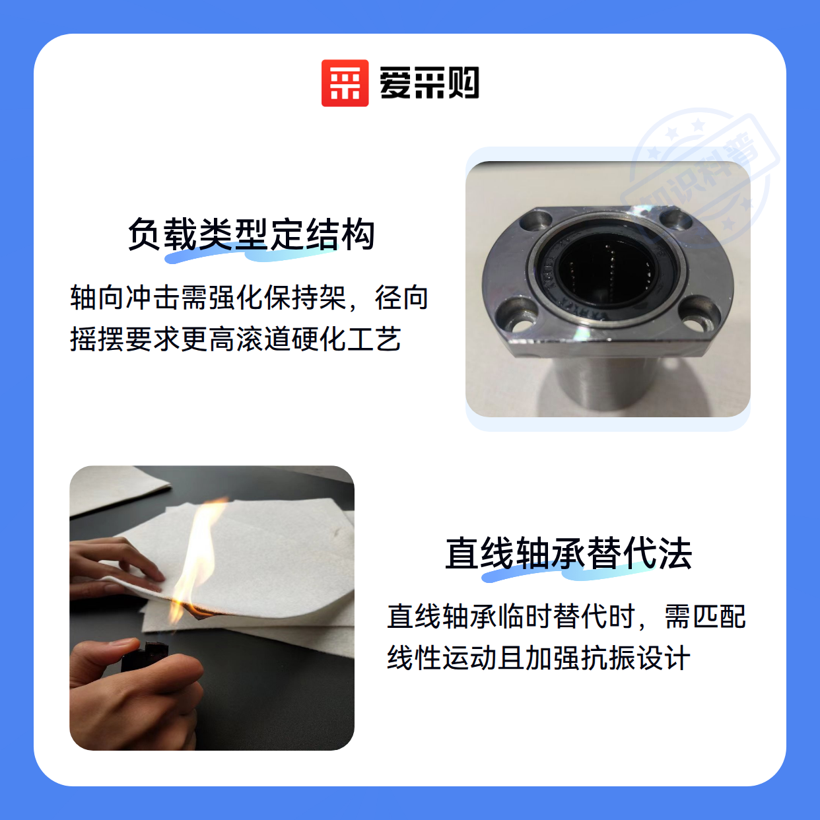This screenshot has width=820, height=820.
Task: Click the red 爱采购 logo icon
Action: click(345, 83)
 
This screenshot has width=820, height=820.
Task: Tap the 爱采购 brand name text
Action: click(429, 83)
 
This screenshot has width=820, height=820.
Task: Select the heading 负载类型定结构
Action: click(251, 234)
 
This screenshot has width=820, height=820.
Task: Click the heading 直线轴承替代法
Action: click(568, 553)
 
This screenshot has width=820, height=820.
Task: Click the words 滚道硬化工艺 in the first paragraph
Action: click(319, 339)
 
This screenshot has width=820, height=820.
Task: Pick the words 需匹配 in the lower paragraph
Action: click(704, 616)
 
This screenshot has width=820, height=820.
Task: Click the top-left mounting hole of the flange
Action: click(536, 221)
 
